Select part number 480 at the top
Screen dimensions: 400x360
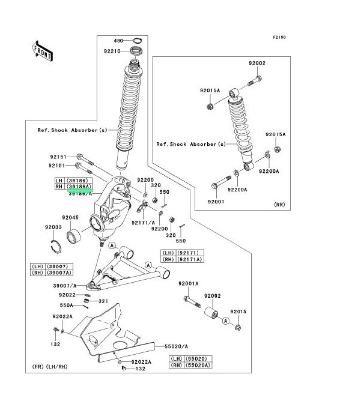(x=118, y=40)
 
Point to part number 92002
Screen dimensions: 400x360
(x=257, y=63)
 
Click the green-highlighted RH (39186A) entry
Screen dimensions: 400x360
(x=74, y=187)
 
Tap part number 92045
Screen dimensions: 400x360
(x=70, y=217)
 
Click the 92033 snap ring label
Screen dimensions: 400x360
(x=53, y=227)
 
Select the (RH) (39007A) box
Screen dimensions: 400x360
(x=52, y=273)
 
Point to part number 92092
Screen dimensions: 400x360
(x=212, y=296)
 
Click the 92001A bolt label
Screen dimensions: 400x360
(x=189, y=283)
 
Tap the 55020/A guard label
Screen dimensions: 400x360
(x=177, y=346)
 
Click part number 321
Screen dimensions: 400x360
(x=103, y=301)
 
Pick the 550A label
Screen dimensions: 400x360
(x=66, y=305)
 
